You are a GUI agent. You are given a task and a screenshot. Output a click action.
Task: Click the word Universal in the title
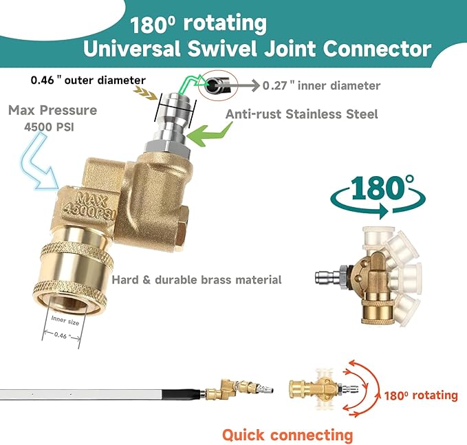coord(131,49)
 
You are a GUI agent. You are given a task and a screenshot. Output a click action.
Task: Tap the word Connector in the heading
coord(377,49)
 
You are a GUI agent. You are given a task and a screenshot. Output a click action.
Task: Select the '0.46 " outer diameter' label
coord(88,80)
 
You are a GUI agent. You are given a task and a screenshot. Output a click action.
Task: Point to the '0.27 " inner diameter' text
coord(321,86)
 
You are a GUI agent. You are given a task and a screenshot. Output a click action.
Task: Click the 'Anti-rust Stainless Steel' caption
coord(301,114)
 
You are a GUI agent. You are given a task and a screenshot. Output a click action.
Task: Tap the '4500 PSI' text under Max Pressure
coord(49,127)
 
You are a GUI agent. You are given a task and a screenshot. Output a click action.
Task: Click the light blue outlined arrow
coord(40,161)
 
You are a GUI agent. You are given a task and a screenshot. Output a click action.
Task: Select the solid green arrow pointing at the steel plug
coord(210,133)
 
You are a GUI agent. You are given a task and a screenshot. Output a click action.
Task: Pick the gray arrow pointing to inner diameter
coord(237,86)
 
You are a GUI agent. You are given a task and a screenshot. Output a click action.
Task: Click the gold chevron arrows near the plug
coord(145,93)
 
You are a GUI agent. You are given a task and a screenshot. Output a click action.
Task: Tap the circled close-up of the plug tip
coord(218,85)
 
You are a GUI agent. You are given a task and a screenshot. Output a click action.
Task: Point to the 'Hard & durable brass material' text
coord(197,280)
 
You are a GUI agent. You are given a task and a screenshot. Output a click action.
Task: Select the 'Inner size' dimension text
coord(65,321)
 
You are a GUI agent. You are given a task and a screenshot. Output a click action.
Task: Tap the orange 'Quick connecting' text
coord(287,435)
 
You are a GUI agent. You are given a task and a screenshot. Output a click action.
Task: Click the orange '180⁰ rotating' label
coord(421,395)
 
